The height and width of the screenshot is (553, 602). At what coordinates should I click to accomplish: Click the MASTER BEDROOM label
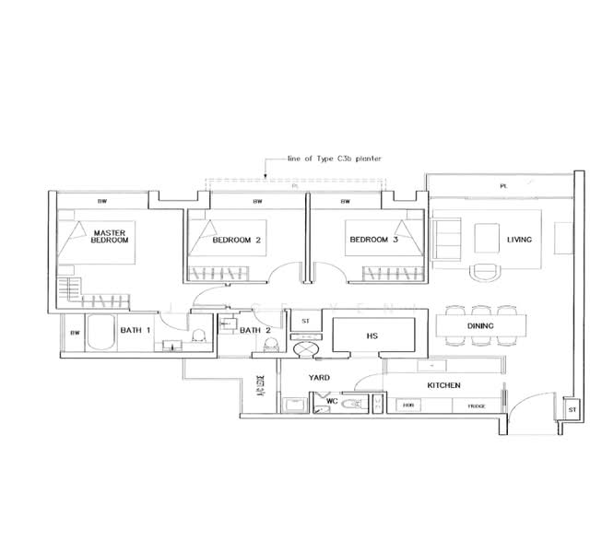(x=110, y=235)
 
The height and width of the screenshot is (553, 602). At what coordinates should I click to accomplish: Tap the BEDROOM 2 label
(x=236, y=240)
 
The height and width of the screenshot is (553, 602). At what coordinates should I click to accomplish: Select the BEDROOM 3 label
(x=372, y=240)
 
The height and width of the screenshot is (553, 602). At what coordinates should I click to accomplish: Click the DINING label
(x=480, y=325)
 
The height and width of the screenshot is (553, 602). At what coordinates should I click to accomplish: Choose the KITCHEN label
(x=443, y=384)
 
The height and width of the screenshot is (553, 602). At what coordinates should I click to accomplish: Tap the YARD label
(x=319, y=378)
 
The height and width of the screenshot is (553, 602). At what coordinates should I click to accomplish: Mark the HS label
(x=372, y=336)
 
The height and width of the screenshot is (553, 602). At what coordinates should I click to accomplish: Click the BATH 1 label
(x=136, y=332)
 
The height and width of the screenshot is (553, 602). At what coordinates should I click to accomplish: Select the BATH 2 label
(x=255, y=330)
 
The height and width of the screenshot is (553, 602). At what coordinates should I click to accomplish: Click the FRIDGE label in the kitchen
(x=476, y=406)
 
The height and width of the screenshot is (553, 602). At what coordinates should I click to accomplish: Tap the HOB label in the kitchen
(x=407, y=406)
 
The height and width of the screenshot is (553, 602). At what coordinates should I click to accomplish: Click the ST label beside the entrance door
(x=572, y=408)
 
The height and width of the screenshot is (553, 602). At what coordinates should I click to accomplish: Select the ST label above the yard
(x=305, y=321)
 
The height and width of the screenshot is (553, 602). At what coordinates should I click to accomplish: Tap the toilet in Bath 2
(x=270, y=345)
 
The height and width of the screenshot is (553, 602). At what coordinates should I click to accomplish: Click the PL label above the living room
(x=503, y=186)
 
